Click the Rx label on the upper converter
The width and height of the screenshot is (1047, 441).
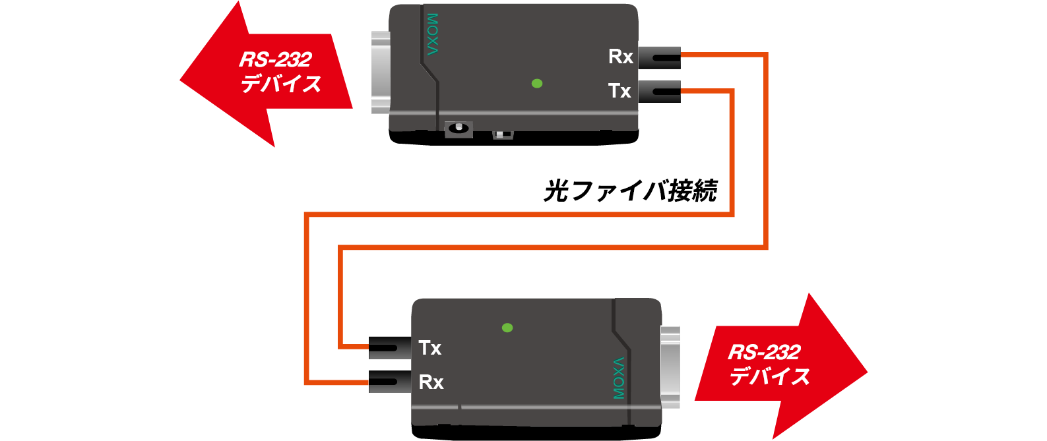[621, 57]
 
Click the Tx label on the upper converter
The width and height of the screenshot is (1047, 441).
[619, 90]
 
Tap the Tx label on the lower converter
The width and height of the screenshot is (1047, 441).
[429, 347]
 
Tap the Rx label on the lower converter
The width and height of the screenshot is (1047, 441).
[431, 382]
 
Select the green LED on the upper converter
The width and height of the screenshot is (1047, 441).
[537, 84]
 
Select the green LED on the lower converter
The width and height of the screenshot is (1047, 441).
[507, 328]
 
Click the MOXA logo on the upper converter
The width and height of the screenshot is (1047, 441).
[432, 34]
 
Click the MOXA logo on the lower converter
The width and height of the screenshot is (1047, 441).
[619, 378]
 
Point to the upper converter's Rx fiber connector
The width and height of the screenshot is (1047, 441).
[660, 57]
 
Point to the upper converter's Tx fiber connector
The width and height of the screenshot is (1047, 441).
[660, 92]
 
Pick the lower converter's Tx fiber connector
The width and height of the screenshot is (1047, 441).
[391, 347]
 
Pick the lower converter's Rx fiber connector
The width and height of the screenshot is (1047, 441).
[391, 382]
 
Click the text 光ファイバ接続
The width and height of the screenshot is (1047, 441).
[630, 191]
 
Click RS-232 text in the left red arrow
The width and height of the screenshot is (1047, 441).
[275, 59]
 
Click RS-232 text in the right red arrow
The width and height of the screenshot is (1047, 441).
[764, 352]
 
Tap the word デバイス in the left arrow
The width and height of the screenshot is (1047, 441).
[280, 84]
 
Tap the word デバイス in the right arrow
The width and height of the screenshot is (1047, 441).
[769, 376]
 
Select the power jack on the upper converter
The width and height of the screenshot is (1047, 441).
[459, 129]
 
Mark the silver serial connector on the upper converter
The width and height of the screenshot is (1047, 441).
[381, 73]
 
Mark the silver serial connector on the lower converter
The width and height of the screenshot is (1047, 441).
[670, 368]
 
